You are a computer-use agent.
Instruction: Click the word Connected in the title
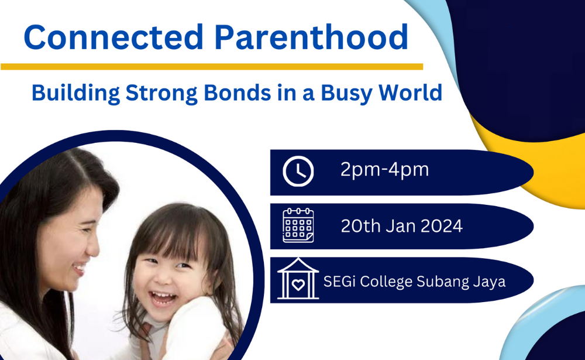point(113,37)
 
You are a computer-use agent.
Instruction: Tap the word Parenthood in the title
point(311,37)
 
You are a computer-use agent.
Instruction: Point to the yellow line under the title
point(212,67)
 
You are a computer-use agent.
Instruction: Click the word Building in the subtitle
point(75,92)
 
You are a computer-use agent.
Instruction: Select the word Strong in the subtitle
point(161,92)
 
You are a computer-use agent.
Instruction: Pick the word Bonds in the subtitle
point(238,92)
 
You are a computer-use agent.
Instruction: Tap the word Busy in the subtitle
point(346,93)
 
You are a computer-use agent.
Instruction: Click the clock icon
point(298,172)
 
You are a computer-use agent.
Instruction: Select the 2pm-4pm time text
point(385,170)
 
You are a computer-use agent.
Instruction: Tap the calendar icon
point(298,225)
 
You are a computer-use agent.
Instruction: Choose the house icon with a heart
point(298,279)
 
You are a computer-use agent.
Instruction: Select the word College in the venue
point(386,282)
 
